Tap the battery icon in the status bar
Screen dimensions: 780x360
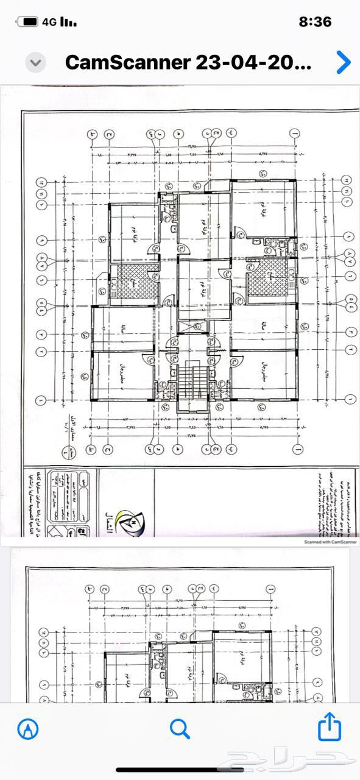[x=27, y=22]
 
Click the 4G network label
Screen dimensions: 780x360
[x=49, y=22]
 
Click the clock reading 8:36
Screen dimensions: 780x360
[x=315, y=22]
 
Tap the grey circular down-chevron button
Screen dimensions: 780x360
[x=35, y=62]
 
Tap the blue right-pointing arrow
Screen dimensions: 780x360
[x=344, y=62]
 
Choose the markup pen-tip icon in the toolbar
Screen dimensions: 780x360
[x=28, y=728]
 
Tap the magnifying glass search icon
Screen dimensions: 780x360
[x=180, y=728]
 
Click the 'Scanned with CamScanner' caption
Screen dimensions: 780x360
[x=330, y=541]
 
